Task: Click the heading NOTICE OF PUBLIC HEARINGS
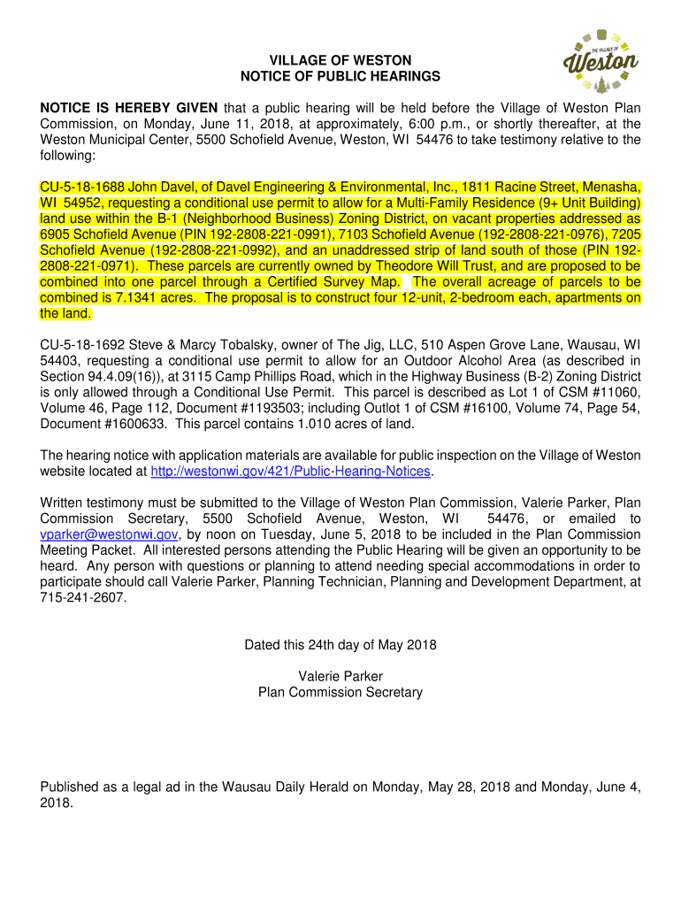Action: (x=340, y=77)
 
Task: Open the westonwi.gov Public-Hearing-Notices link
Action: (x=291, y=472)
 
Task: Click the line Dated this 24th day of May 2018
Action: (x=340, y=645)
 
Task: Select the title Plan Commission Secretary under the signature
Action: (x=340, y=692)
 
